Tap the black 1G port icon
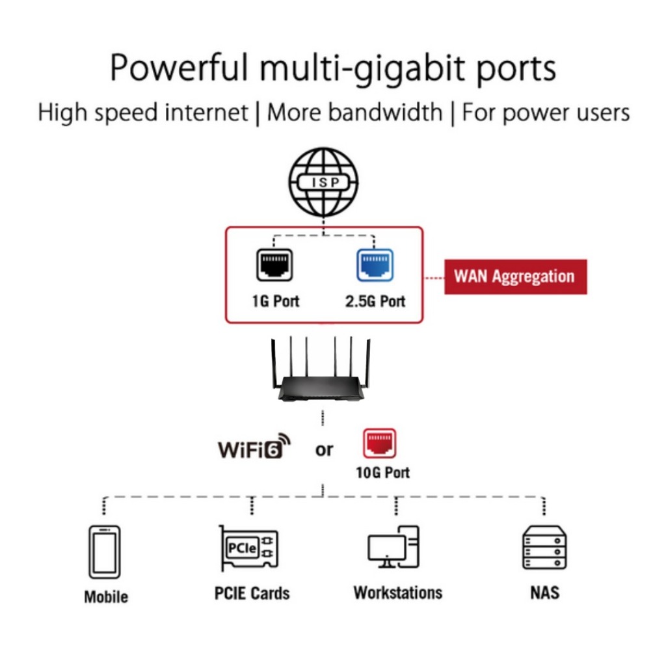[274, 265]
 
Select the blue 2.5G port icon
[375, 265]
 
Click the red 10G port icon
[379, 444]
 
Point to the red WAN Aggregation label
[515, 276]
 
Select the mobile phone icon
[105, 552]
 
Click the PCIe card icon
[248, 548]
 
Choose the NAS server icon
[544, 548]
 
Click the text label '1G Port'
[275, 302]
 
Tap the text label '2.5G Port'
[375, 302]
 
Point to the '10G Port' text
[382, 473]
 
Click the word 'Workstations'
[397, 593]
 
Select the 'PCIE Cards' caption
[252, 593]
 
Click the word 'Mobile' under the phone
[106, 596]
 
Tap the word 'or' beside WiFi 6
[324, 449]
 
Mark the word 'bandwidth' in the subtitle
[386, 113]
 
